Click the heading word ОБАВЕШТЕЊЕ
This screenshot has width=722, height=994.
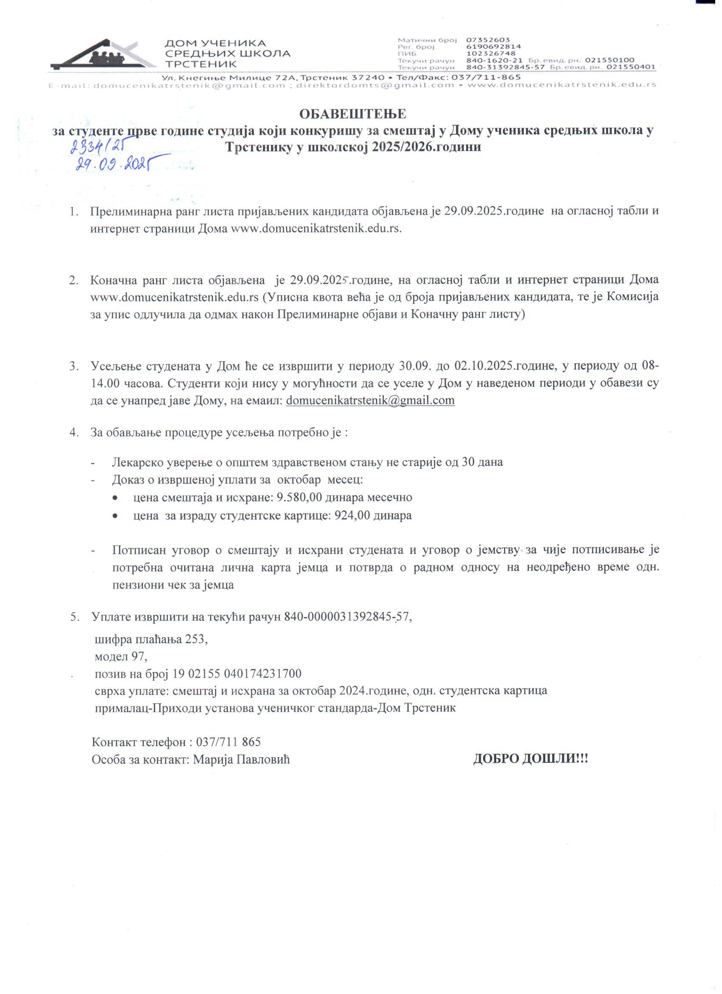353,114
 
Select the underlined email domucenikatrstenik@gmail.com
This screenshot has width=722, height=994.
370,400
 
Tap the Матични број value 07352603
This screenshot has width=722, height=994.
488,40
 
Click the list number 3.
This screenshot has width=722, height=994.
73,366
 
